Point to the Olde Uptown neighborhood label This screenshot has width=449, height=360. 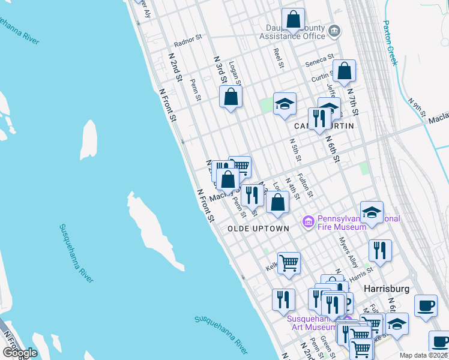(x=258, y=229)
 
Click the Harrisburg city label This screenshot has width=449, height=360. (x=387, y=289)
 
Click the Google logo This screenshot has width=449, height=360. (x=20, y=353)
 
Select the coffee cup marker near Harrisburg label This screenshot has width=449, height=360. (x=426, y=305)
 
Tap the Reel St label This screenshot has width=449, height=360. (x=277, y=58)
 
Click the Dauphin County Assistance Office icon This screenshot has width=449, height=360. (x=335, y=30)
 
